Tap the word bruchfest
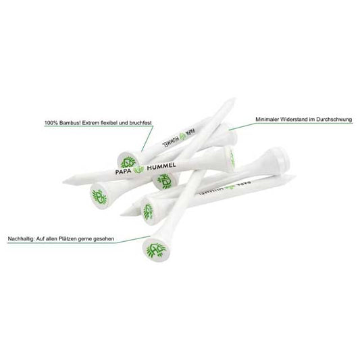tap(140, 123)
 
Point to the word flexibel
tap(109, 123)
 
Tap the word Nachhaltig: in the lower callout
tap(21, 239)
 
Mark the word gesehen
tap(105, 239)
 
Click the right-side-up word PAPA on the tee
tap(124, 172)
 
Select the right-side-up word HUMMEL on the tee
tap(161, 166)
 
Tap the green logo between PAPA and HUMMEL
tap(139, 170)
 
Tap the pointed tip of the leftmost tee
tap(64, 182)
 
